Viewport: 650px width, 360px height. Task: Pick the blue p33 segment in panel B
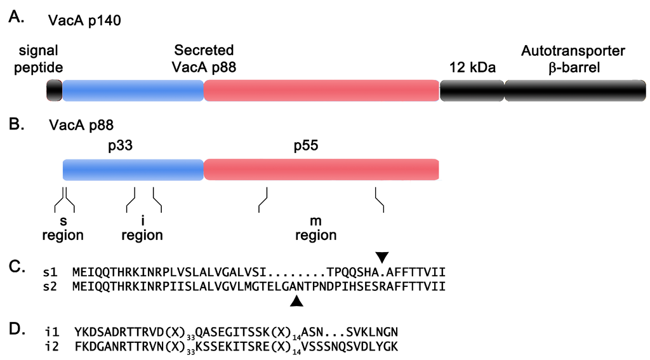click(x=133, y=170)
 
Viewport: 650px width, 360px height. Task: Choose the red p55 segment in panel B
click(x=321, y=170)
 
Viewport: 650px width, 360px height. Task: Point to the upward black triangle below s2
click(x=296, y=304)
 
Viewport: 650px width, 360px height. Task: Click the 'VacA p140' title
click(x=84, y=21)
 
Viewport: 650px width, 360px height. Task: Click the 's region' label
click(x=63, y=229)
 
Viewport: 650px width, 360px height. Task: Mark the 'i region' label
click(x=142, y=229)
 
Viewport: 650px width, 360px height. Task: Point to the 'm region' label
click(x=315, y=229)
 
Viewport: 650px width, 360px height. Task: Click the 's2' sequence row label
click(x=60, y=286)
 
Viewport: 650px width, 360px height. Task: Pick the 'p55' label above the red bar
click(x=305, y=146)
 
